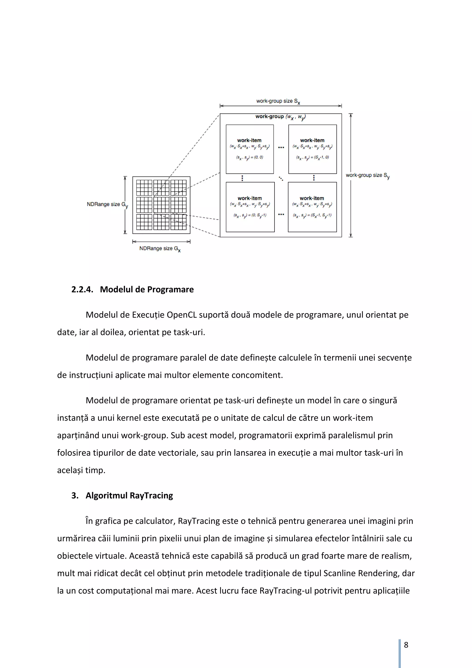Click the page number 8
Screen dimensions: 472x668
tap(406, 645)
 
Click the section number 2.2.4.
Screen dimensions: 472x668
tap(82, 289)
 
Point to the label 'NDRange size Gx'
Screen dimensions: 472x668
tap(160, 248)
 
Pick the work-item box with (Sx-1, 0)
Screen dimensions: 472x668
tap(313, 149)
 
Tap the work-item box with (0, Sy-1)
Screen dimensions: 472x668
tap(250, 207)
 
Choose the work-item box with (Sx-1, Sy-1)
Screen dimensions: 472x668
tap(312, 207)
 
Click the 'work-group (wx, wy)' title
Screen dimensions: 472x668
tap(280, 117)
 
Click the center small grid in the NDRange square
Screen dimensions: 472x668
tap(161, 205)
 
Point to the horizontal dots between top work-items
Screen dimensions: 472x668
tap(281, 147)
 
